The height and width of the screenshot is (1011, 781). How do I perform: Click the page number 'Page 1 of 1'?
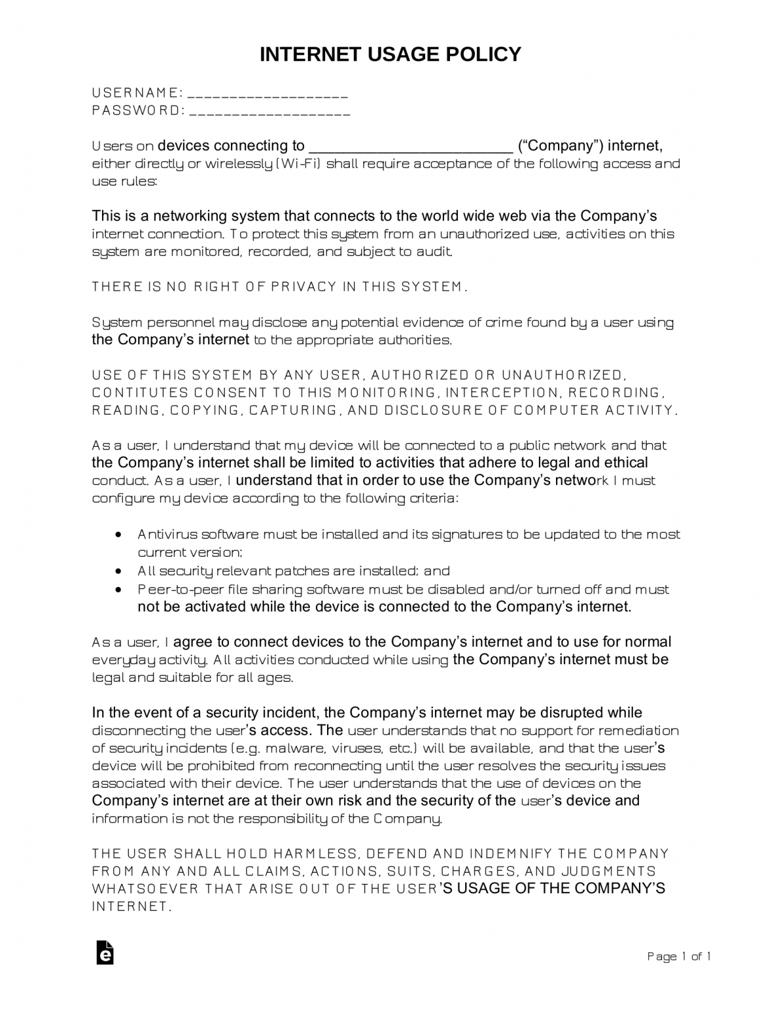click(679, 956)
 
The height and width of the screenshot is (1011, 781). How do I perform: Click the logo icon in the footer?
click(105, 953)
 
